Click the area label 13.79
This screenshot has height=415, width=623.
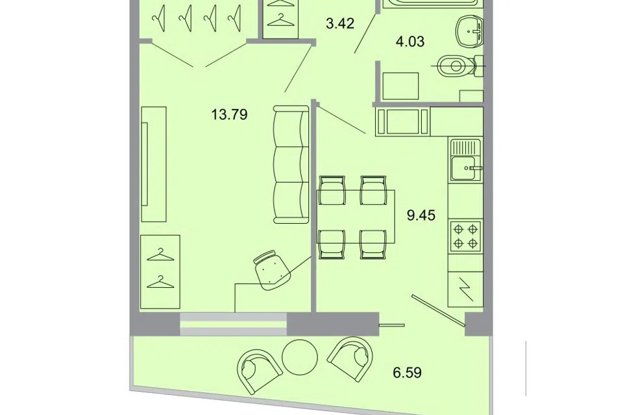229,115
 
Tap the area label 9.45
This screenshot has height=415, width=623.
421,215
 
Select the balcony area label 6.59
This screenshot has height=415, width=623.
408,373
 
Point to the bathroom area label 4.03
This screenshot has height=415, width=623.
410,41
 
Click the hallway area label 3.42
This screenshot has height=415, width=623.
339,23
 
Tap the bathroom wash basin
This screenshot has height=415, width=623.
469,30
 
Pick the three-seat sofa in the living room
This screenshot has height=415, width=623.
291,164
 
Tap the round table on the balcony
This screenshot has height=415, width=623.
300,357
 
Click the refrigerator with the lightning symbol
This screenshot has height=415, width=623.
465,289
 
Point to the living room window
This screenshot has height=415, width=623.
233,324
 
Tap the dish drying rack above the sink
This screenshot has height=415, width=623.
465,147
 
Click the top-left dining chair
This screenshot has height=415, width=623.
332,190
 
